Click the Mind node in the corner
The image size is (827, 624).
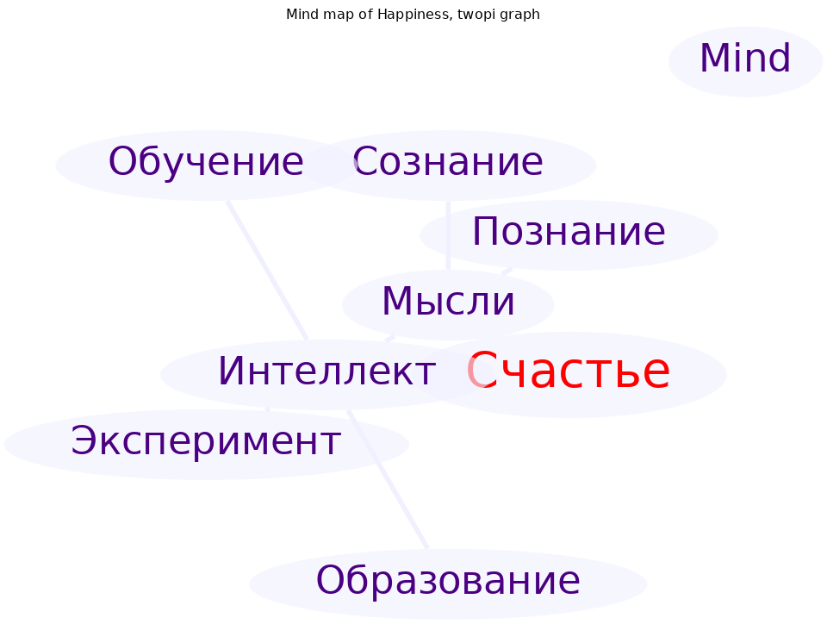click(745, 62)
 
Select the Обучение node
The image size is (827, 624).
click(206, 165)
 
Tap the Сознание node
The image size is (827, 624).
click(448, 165)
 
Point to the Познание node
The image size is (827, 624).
click(569, 234)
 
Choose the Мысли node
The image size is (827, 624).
click(448, 305)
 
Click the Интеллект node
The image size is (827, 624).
click(327, 375)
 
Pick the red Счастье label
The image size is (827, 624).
click(569, 371)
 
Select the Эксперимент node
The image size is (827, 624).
click(206, 444)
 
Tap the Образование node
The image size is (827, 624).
click(448, 583)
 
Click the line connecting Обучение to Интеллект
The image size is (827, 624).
click(267, 270)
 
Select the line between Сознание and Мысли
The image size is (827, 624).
click(448, 235)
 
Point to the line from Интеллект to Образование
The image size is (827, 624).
click(388, 479)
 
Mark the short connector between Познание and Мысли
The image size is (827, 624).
click(507, 271)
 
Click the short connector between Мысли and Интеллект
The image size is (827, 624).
click(390, 338)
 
